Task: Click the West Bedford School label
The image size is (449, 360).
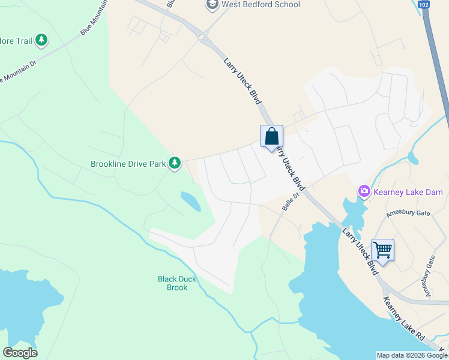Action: pyautogui.click(x=261, y=5)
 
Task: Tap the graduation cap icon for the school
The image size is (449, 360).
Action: pyautogui.click(x=211, y=5)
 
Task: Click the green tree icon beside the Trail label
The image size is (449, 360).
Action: pyautogui.click(x=41, y=41)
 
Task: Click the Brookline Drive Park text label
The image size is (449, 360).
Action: pyautogui.click(x=128, y=163)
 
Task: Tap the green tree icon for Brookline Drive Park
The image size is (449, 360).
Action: pyautogui.click(x=175, y=163)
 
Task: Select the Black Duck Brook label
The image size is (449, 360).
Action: pyautogui.click(x=173, y=283)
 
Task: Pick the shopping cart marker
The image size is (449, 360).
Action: pyautogui.click(x=382, y=250)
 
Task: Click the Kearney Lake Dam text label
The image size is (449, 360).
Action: pyautogui.click(x=408, y=192)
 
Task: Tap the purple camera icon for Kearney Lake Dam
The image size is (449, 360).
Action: pyautogui.click(x=364, y=192)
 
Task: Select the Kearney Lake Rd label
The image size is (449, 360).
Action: pyautogui.click(x=403, y=319)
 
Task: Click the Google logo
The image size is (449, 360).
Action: pyautogui.click(x=20, y=353)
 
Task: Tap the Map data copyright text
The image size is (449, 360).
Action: pyautogui.click(x=412, y=355)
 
